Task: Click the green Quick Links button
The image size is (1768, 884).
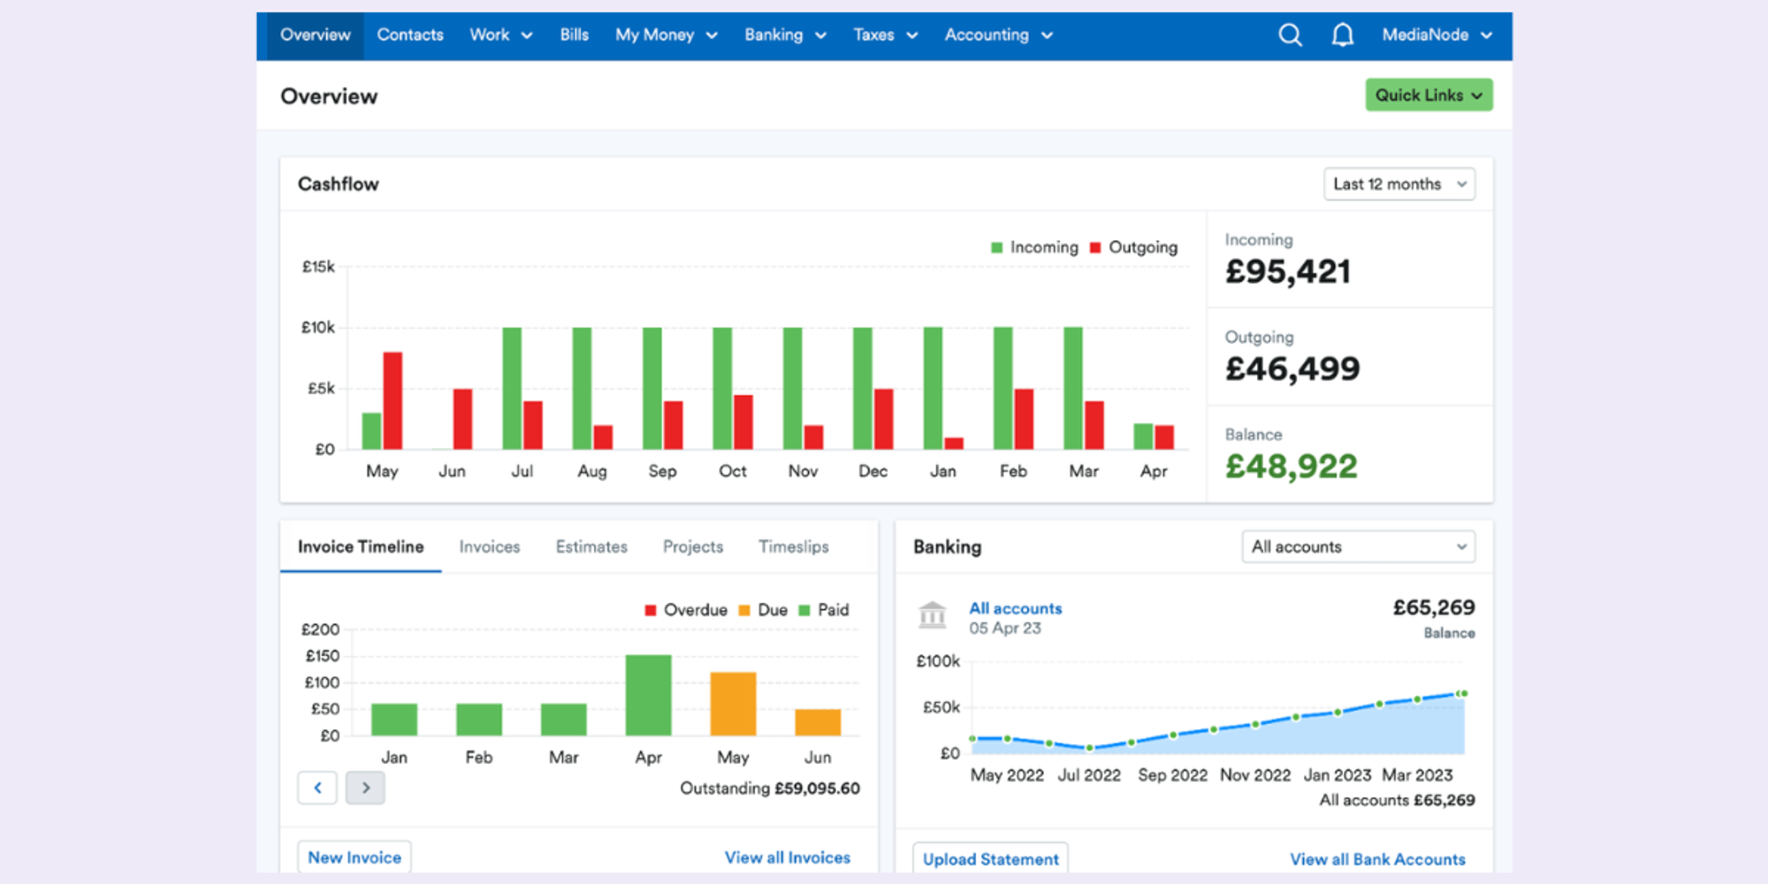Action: pos(1428,95)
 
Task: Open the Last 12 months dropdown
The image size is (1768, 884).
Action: pos(1398,184)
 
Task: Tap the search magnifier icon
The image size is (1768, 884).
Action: pos(1290,35)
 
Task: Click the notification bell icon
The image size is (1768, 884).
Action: pos(1342,35)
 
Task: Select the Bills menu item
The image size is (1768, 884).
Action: pos(574,35)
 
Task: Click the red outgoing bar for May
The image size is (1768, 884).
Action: pos(392,400)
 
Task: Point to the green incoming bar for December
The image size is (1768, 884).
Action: pos(862,389)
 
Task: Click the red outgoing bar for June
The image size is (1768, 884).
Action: pos(462,419)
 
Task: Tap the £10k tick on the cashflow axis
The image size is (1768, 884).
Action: pos(318,328)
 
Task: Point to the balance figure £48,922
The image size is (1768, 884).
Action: pos(1291,467)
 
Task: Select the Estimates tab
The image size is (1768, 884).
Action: pos(591,547)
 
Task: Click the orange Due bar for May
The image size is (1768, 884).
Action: pos(733,704)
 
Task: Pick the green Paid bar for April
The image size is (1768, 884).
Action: pos(648,695)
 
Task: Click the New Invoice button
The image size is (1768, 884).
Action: pos(354,857)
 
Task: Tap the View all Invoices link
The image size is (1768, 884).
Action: pos(787,857)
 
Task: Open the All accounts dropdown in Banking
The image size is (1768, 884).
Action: pos(1358,547)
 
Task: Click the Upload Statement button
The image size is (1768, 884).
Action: pos(990,859)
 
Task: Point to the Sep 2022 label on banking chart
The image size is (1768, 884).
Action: pos(1172,775)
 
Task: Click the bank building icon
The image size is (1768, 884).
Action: pos(932,614)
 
